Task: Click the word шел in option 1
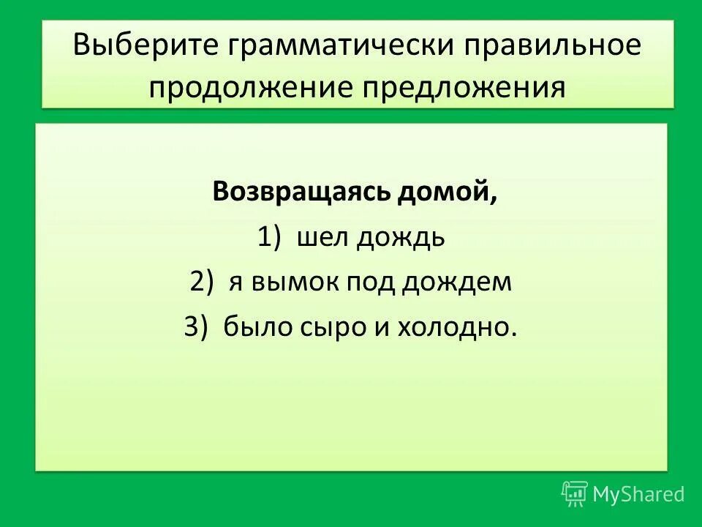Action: tap(323, 237)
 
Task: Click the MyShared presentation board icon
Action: tap(575, 494)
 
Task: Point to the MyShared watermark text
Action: tap(638, 494)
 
